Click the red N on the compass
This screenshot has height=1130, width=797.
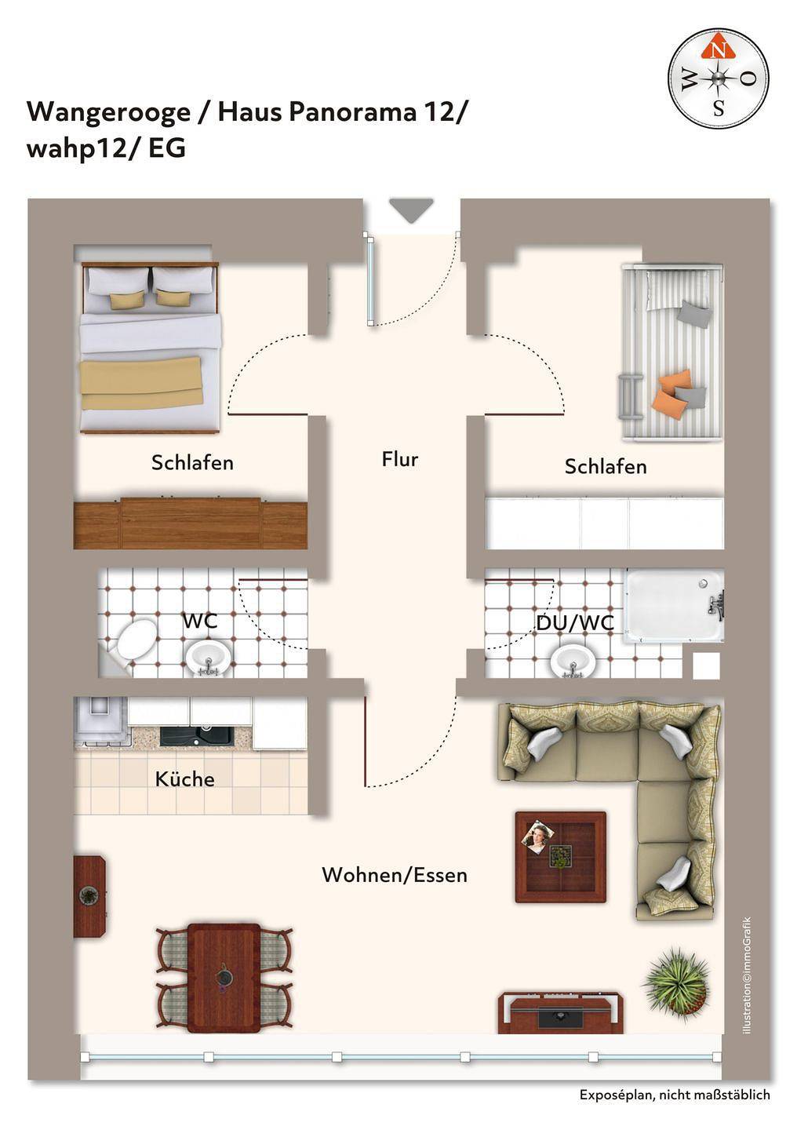coord(719,50)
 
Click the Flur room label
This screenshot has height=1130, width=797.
coord(400,459)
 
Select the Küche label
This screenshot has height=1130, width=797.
coord(184,778)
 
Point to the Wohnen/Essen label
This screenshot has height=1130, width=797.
coord(395,875)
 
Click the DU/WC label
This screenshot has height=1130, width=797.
coord(574,623)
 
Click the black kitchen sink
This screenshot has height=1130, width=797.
coord(197,736)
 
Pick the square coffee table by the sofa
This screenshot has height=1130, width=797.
coord(560,857)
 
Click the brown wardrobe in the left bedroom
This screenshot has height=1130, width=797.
coord(190,523)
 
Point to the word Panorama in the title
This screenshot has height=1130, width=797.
coord(352,112)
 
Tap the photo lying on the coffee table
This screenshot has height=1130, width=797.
coord(537,837)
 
